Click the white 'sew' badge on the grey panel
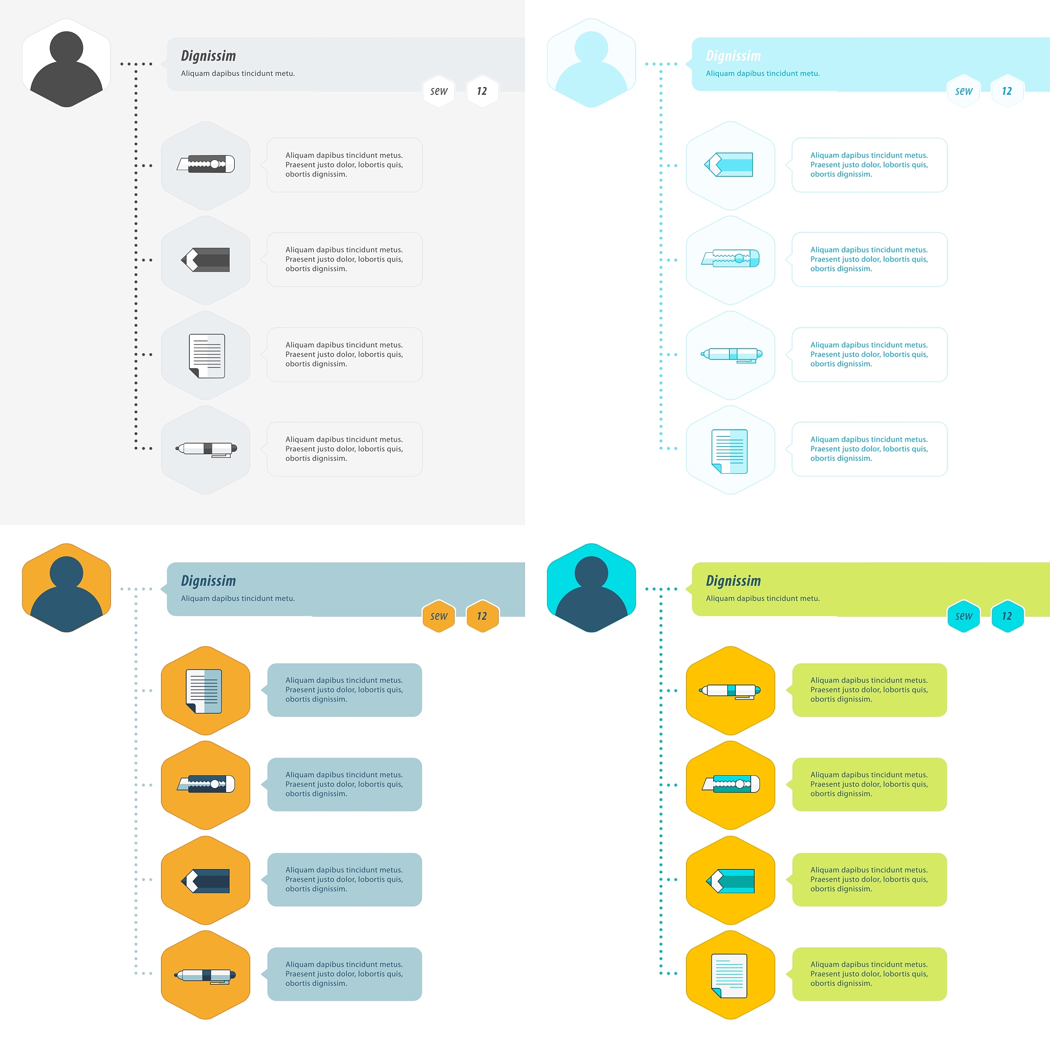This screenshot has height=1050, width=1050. pyautogui.click(x=438, y=91)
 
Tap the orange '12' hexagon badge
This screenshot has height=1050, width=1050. pyautogui.click(x=482, y=616)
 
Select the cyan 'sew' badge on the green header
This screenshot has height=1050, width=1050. pyautogui.click(x=963, y=616)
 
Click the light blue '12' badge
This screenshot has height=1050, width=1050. pyautogui.click(x=1007, y=91)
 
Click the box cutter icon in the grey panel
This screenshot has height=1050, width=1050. pyautogui.click(x=206, y=164)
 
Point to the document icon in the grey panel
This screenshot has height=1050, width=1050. pyautogui.click(x=207, y=356)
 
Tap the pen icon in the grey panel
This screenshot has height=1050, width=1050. pyautogui.click(x=206, y=449)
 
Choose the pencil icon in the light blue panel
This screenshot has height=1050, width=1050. pyautogui.click(x=728, y=164)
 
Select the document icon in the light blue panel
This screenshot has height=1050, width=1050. pyautogui.click(x=730, y=451)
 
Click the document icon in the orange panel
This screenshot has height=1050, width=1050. pyautogui.click(x=204, y=691)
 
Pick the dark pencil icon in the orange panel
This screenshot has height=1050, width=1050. pyautogui.click(x=206, y=881)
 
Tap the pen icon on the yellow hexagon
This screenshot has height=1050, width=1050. pyautogui.click(x=730, y=691)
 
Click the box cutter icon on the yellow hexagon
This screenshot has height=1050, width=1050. pyautogui.click(x=731, y=784)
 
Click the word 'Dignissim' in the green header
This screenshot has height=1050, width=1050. pyautogui.click(x=733, y=580)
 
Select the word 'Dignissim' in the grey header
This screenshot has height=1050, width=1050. pyautogui.click(x=208, y=55)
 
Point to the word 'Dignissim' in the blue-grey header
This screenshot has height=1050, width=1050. pyautogui.click(x=208, y=580)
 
